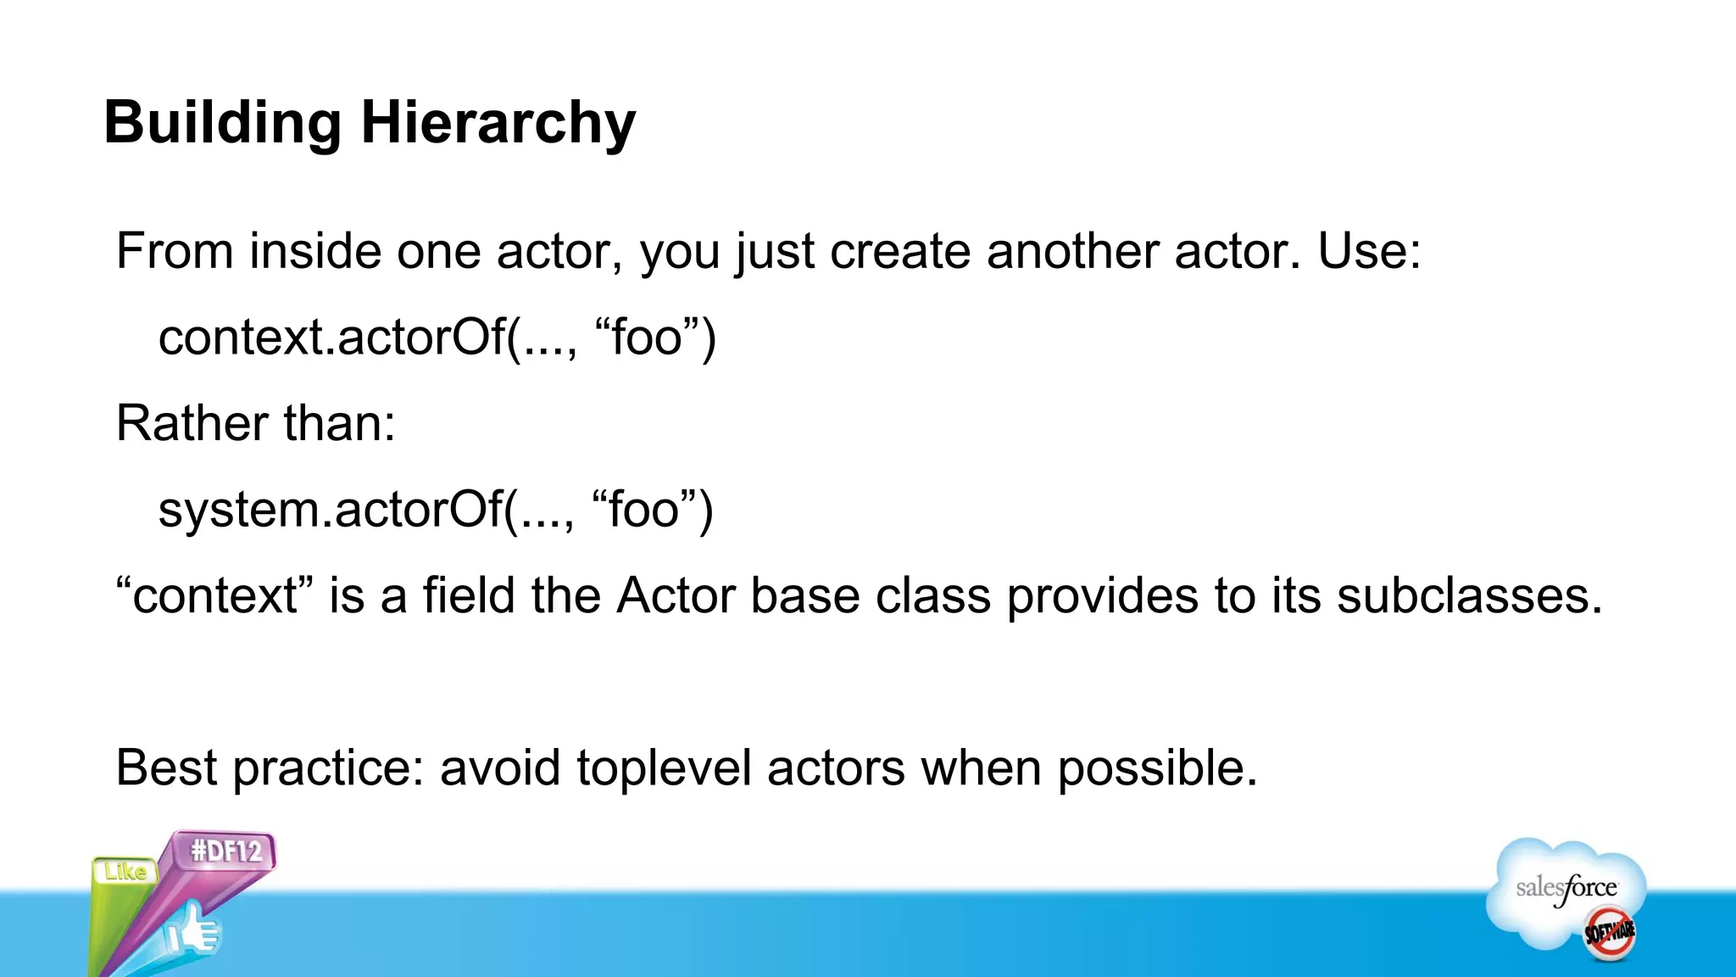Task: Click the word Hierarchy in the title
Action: pyautogui.click(x=498, y=124)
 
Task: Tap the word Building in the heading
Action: pyautogui.click(x=222, y=124)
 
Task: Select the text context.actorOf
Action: pyautogui.click(x=331, y=338)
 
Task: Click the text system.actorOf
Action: pyautogui.click(x=330, y=510)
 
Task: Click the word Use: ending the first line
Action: pyautogui.click(x=1368, y=251)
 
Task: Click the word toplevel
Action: pyautogui.click(x=664, y=768)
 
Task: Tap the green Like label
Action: pyautogui.click(x=125, y=871)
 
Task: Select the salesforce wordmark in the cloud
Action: pyautogui.click(x=1566, y=889)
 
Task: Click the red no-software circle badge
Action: pyautogui.click(x=1609, y=934)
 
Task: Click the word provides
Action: pyautogui.click(x=1103, y=595)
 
